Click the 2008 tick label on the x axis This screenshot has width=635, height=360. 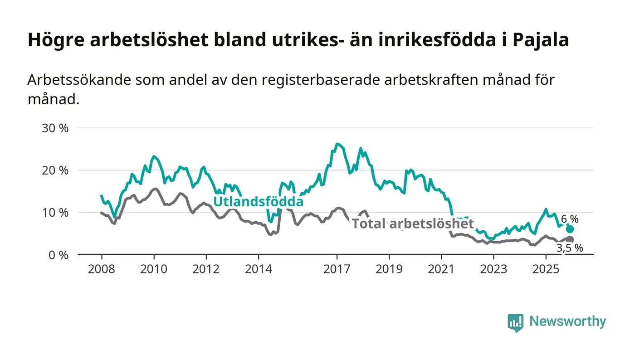[x=101, y=269]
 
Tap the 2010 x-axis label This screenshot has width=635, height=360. [x=154, y=269]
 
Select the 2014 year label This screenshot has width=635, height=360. [x=259, y=269]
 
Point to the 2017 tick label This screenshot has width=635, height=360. [x=337, y=269]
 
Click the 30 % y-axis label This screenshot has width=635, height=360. [x=55, y=128]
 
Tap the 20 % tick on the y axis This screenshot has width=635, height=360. [x=55, y=170]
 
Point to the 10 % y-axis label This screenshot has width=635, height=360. [x=55, y=212]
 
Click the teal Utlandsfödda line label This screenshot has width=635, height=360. [x=258, y=201]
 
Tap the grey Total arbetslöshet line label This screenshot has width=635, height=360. [x=413, y=224]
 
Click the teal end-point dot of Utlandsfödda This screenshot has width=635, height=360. [x=570, y=229]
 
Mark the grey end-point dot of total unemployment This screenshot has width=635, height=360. [x=570, y=239]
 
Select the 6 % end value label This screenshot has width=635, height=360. [x=570, y=219]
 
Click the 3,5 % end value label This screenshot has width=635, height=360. [x=570, y=248]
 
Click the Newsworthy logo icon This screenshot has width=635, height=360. [x=515, y=322]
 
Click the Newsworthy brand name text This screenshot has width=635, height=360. [x=567, y=321]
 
